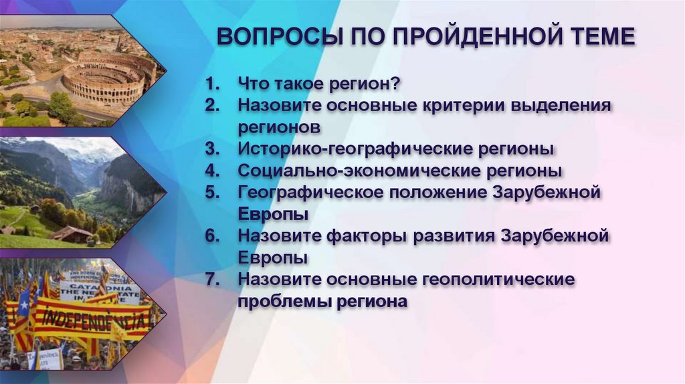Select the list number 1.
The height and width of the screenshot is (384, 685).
pyautogui.click(x=212, y=85)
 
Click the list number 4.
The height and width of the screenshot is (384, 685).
pyautogui.click(x=212, y=171)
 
